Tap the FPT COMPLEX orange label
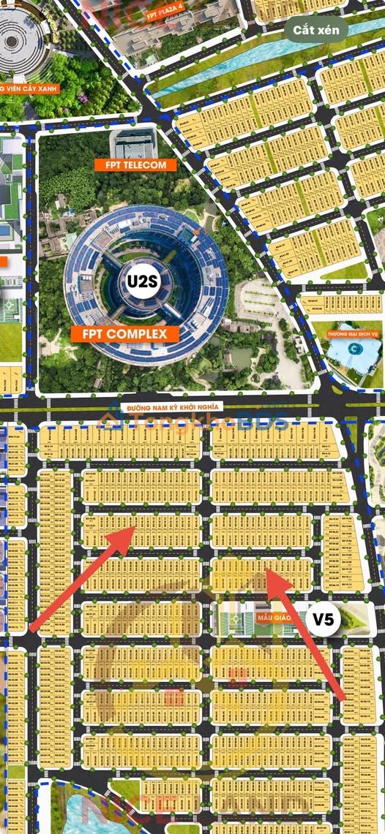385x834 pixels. tap(125, 334)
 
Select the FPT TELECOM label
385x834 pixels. tap(135, 165)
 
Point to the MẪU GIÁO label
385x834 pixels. tap(274, 618)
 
